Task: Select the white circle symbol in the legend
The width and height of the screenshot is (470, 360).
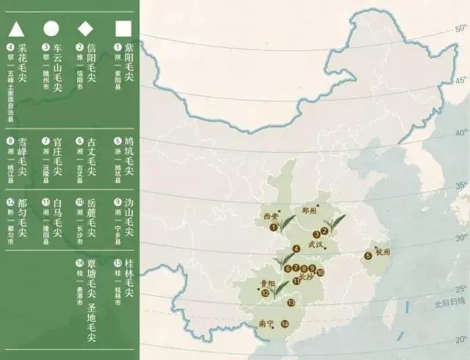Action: pos(51,29)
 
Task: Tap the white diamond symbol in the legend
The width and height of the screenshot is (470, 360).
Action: pos(86,29)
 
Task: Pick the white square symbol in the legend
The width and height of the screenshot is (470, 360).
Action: pos(123,29)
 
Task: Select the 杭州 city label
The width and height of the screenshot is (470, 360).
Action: pos(385,251)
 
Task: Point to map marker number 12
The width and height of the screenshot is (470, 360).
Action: pos(264,293)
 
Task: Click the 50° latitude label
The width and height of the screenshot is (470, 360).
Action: pos(460,29)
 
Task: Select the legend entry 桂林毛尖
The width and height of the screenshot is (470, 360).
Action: pos(129,280)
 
